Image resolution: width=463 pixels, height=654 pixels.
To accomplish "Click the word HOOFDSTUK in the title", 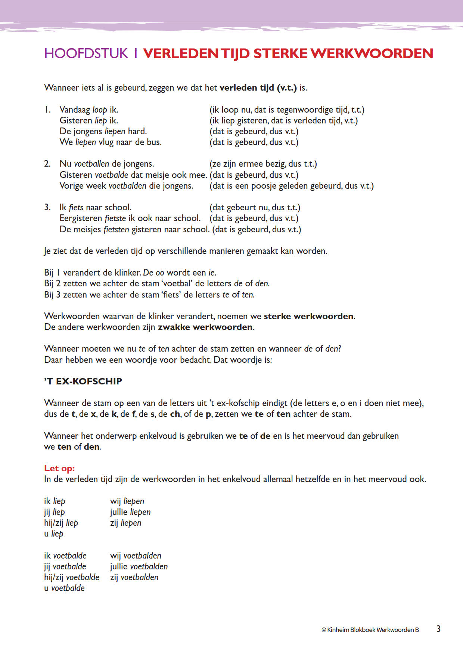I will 86,53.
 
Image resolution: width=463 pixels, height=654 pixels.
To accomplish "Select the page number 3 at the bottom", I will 438,629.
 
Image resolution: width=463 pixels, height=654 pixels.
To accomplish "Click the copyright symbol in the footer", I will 324,630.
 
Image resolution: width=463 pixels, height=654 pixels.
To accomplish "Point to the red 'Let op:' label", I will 59,468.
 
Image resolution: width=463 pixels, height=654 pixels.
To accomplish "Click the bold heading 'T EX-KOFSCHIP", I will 83,381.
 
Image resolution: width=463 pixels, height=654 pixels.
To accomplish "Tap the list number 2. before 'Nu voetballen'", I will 47,164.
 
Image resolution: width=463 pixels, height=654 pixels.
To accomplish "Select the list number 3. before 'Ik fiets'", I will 47,207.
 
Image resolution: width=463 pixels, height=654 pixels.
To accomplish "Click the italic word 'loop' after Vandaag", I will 100,110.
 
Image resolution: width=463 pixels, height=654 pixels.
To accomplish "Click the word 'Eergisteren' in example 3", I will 81,218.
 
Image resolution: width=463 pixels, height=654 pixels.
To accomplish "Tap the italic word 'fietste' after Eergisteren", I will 115,218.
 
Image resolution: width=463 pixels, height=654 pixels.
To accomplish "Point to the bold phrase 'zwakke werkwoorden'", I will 205,327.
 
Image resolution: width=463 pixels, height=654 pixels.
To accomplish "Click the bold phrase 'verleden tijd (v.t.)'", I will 258,88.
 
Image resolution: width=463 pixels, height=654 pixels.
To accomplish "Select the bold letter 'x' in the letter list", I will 93,414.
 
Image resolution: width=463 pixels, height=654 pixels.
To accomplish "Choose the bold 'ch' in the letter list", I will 175,414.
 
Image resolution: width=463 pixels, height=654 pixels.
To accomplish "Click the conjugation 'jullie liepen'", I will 130,512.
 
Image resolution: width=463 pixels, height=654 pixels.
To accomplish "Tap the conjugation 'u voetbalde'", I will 64,588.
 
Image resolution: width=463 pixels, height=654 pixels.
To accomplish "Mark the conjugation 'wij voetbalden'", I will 136,556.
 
